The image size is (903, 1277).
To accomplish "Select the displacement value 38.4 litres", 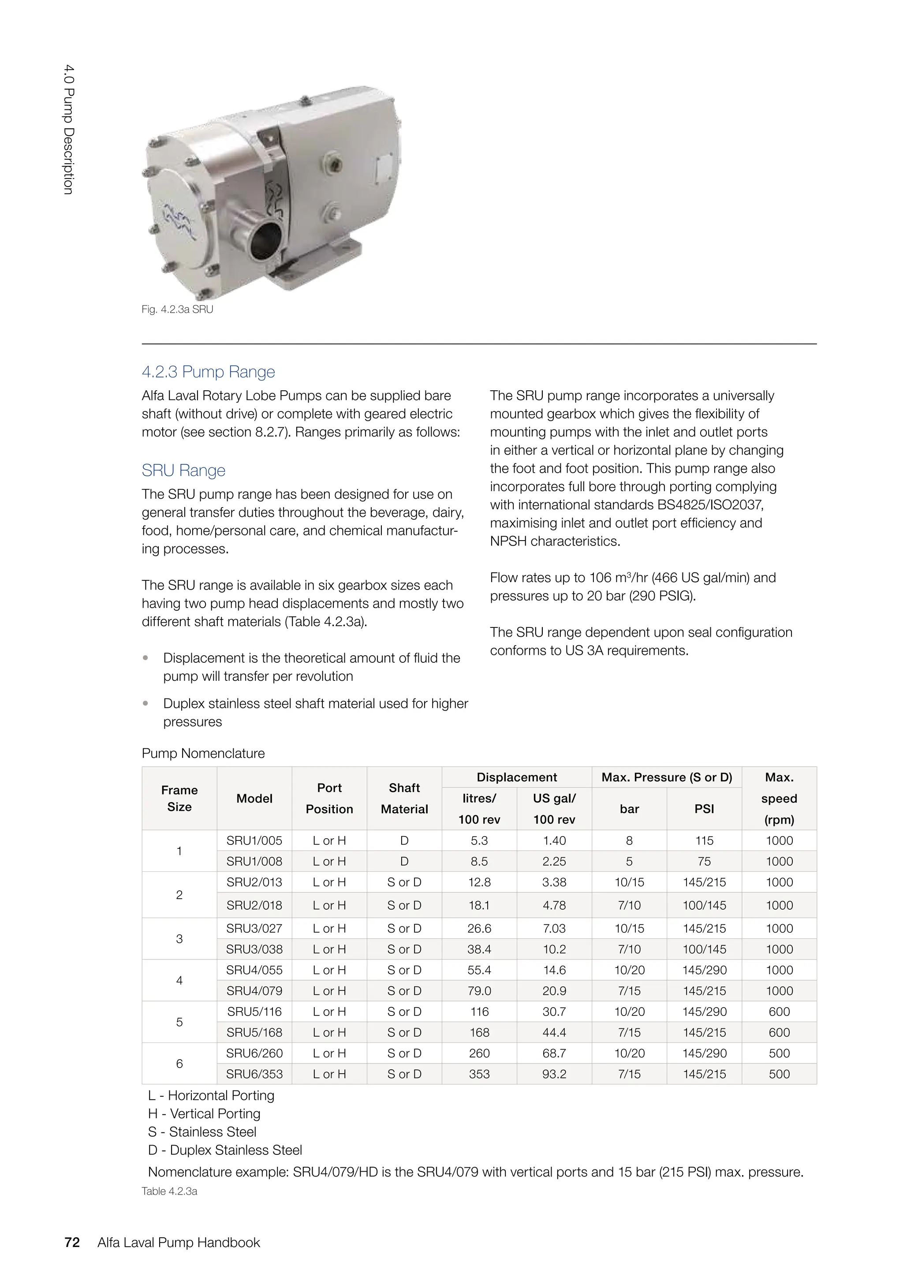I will tap(479, 949).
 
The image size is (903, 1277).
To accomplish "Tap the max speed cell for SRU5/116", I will tap(779, 1012).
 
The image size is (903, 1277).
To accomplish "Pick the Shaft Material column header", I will tap(404, 798).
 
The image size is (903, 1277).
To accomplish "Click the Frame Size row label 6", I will tap(179, 1064).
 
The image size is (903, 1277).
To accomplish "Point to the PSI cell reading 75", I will tap(704, 862).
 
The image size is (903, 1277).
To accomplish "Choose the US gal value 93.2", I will tap(554, 1074).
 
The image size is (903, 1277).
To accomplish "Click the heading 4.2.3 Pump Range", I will tap(208, 372).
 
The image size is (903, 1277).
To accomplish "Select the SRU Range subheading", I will tap(183, 470).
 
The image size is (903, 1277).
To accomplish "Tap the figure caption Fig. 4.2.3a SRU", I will tap(177, 309).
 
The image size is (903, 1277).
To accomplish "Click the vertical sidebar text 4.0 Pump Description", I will tap(68, 130).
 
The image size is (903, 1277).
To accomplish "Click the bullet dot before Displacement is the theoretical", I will tap(146, 658).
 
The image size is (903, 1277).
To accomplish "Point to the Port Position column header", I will tap(329, 798).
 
